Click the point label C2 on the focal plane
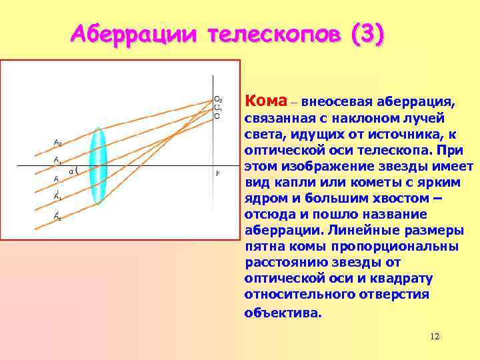point(218,99)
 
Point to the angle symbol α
point(71,171)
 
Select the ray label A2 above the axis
point(57,142)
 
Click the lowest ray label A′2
point(57,216)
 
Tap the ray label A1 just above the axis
point(57,161)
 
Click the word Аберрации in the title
point(134,33)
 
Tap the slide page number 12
point(435,337)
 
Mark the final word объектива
point(283,312)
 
